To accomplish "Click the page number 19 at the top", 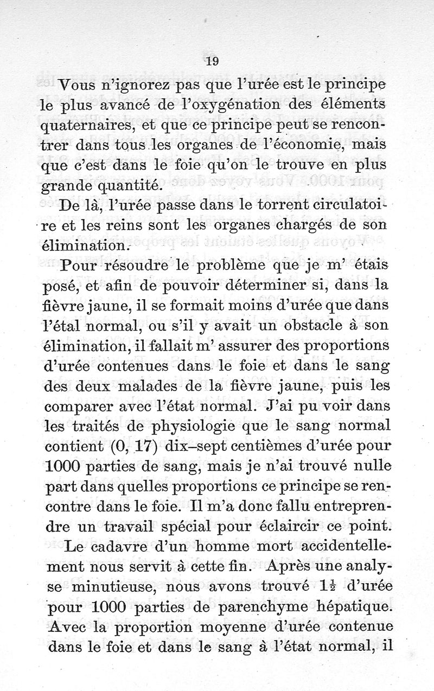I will tap(212, 62).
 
